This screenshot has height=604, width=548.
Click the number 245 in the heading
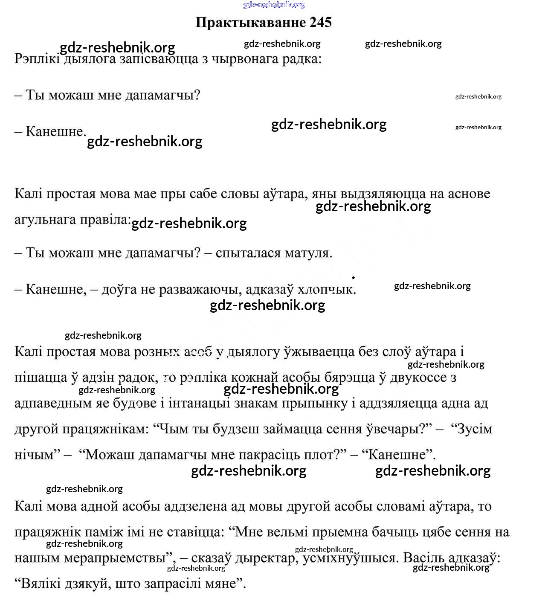pos(321,23)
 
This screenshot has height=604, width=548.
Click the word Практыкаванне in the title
pos(251,23)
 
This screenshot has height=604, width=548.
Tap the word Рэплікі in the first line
pos(37,58)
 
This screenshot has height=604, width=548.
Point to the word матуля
pos(310,253)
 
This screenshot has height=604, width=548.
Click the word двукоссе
pos(413,377)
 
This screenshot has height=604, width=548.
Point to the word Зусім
pos(474,429)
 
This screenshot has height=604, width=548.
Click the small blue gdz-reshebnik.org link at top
pos(274,5)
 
